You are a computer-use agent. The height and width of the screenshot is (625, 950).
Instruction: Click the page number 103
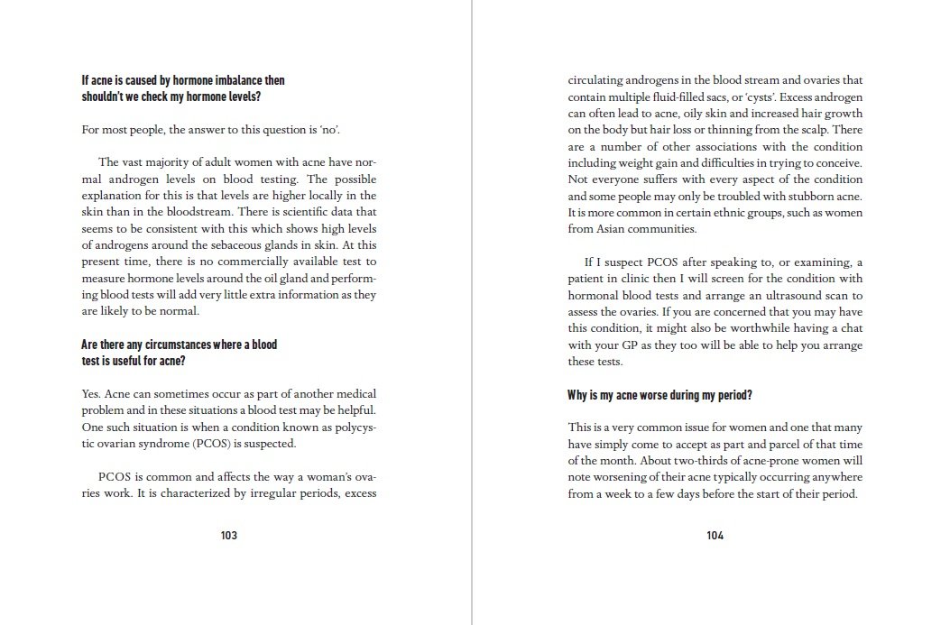[x=228, y=535]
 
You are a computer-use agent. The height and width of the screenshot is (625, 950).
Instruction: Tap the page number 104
[x=715, y=535]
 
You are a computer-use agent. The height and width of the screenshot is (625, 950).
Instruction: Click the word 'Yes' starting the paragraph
[x=91, y=394]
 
